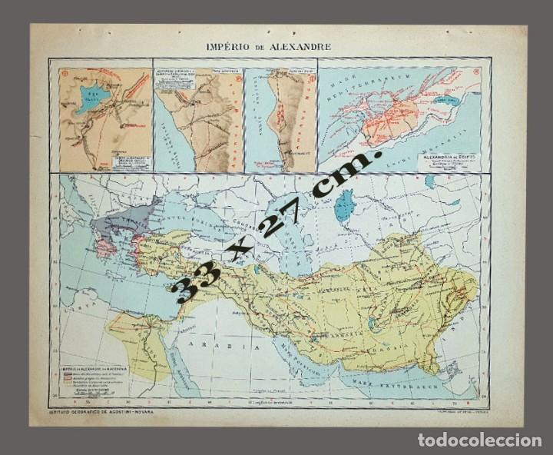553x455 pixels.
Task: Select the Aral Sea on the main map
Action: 344,205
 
